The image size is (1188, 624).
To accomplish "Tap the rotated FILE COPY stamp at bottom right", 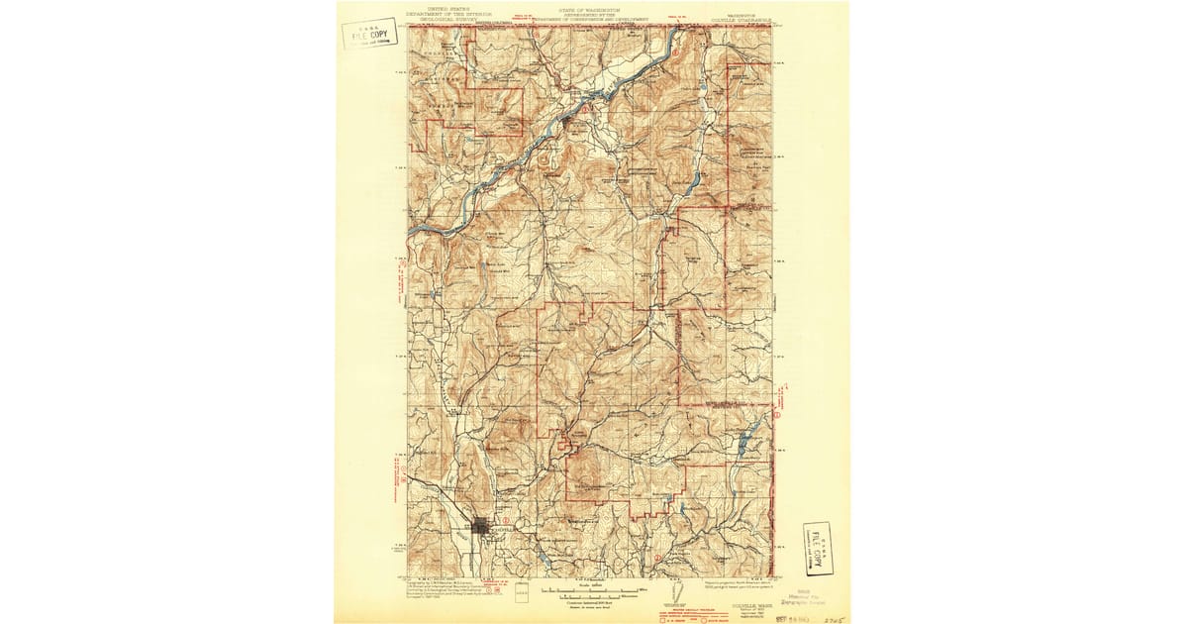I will click(818, 548).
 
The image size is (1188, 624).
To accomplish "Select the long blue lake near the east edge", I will click(748, 432).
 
